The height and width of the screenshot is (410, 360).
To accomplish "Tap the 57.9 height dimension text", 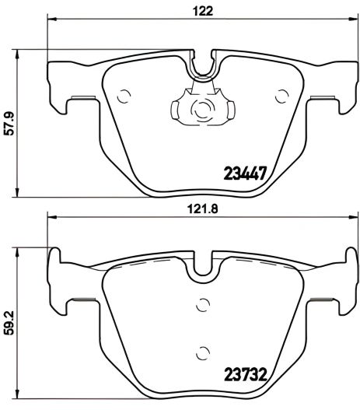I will click(10, 123).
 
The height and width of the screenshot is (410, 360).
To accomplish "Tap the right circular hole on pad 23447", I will click(281, 96).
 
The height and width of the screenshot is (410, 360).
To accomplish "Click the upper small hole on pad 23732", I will click(203, 304).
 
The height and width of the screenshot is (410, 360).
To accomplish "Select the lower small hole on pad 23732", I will click(203, 350).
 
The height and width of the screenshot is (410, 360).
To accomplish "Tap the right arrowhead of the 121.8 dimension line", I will click(355, 218).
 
